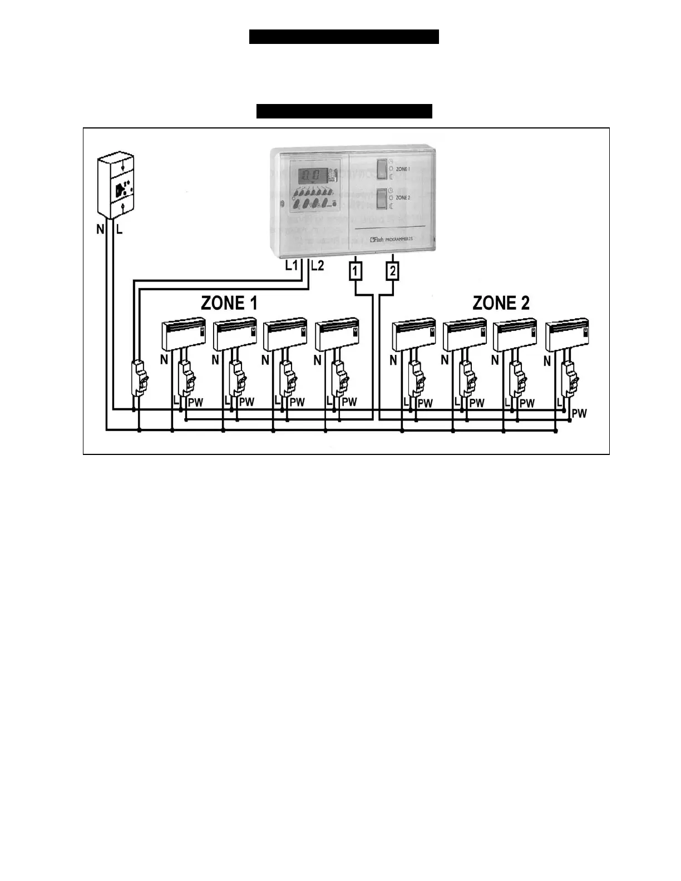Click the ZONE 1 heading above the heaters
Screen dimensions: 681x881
[229, 303]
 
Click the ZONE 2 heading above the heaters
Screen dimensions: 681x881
[501, 303]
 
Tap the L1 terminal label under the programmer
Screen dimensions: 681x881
[292, 266]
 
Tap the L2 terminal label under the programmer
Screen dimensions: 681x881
[317, 266]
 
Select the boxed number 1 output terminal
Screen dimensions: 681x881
[355, 271]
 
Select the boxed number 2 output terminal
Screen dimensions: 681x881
[393, 271]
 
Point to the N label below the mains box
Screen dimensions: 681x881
[100, 229]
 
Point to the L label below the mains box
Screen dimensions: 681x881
[119, 229]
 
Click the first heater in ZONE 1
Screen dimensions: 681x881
[184, 334]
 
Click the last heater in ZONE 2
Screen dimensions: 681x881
[567, 334]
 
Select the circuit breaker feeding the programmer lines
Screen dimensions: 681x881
[139, 378]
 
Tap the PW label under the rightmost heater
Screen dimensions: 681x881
[579, 413]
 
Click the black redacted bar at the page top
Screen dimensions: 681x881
[344, 37]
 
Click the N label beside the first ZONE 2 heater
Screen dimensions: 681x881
[393, 360]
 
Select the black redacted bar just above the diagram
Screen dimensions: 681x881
[344, 111]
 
